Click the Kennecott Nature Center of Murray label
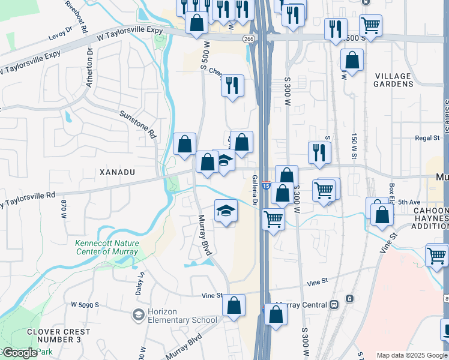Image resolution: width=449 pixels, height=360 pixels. pyautogui.click(x=107, y=247)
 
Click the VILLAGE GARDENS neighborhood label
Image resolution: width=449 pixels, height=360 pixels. pyautogui.click(x=393, y=80)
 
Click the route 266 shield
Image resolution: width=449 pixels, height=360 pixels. pyautogui.click(x=249, y=39)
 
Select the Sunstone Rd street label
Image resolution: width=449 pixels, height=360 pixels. pyautogui.click(x=137, y=124)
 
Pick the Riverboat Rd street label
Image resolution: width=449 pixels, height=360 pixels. pyautogui.click(x=77, y=16)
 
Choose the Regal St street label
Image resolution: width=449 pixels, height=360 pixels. pyautogui.click(x=427, y=138)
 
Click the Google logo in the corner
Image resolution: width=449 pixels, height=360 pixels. pyautogui.click(x=19, y=353)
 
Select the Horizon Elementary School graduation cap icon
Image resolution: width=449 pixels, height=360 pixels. pyautogui.click(x=139, y=314)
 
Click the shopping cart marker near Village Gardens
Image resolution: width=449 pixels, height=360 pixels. pyautogui.click(x=371, y=26)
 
